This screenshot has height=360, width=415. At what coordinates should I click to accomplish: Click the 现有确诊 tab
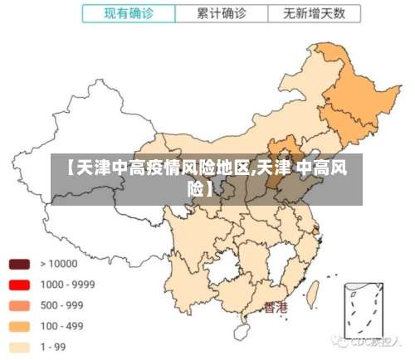coord(129,13)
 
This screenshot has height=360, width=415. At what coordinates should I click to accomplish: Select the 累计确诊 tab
coord(222,13)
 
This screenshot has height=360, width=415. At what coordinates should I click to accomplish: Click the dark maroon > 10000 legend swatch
coord(19,264)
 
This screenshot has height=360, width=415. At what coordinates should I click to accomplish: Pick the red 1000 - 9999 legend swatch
coord(19,285)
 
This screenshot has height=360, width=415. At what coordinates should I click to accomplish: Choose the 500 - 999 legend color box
coord(19,305)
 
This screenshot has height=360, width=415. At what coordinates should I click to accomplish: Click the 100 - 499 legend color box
coord(19,326)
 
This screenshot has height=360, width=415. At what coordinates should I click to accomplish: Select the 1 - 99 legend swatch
coord(19,347)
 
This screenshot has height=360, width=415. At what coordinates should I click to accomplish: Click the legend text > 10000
coord(59,264)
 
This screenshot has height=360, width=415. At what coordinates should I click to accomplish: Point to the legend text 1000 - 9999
coord(67,285)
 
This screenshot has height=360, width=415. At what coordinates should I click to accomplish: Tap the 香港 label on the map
coord(275,308)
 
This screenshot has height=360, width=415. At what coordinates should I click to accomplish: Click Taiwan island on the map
coord(314,292)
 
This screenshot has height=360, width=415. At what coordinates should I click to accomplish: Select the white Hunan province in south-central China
coord(249,265)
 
